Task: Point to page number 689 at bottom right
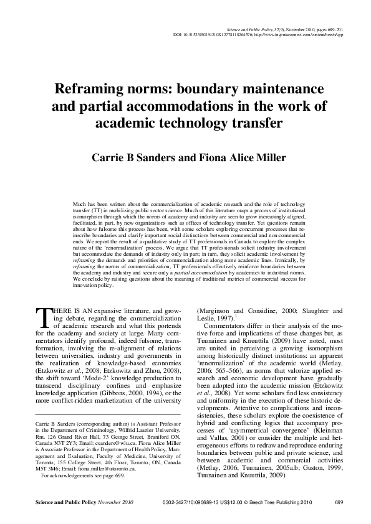tap(339, 502)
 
